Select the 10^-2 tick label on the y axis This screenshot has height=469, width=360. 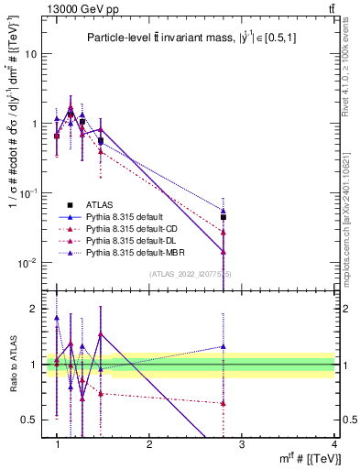click(x=27, y=263)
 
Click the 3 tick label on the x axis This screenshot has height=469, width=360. click(x=241, y=444)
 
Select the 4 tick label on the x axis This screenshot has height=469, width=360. click(x=333, y=444)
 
